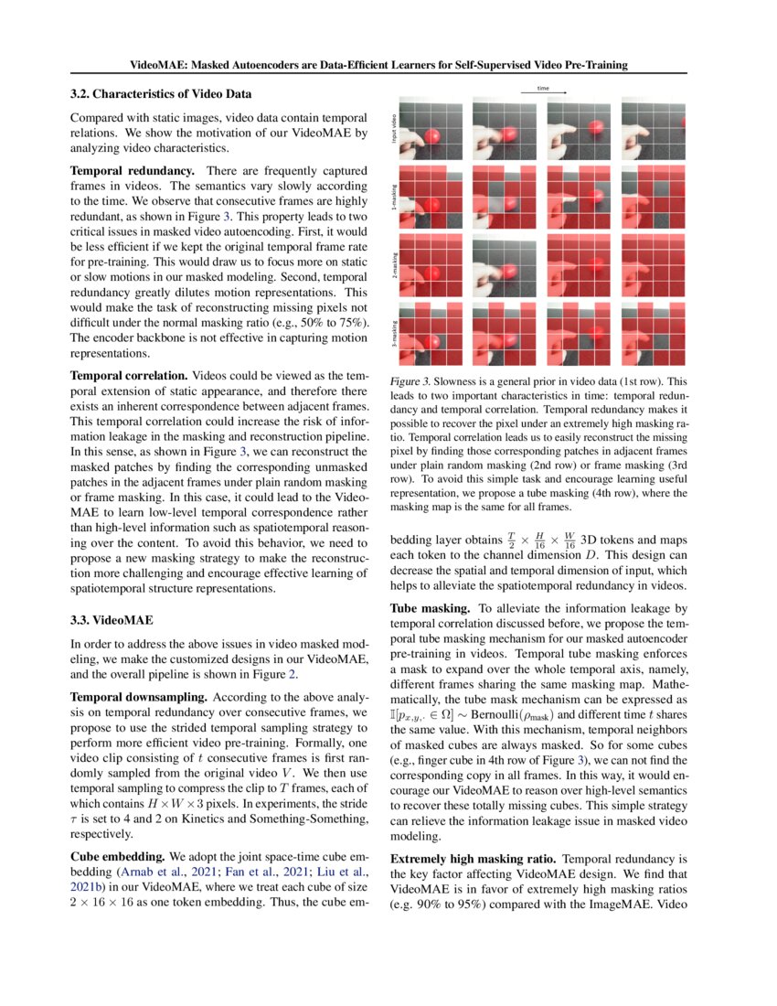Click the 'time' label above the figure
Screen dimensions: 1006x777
coord(543,89)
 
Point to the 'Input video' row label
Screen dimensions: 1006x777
coord(394,130)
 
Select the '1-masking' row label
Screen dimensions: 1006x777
coord(394,198)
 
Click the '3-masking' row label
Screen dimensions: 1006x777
coord(394,332)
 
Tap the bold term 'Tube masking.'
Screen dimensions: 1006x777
coord(430,607)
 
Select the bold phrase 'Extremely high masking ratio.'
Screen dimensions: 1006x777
coord(473,860)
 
